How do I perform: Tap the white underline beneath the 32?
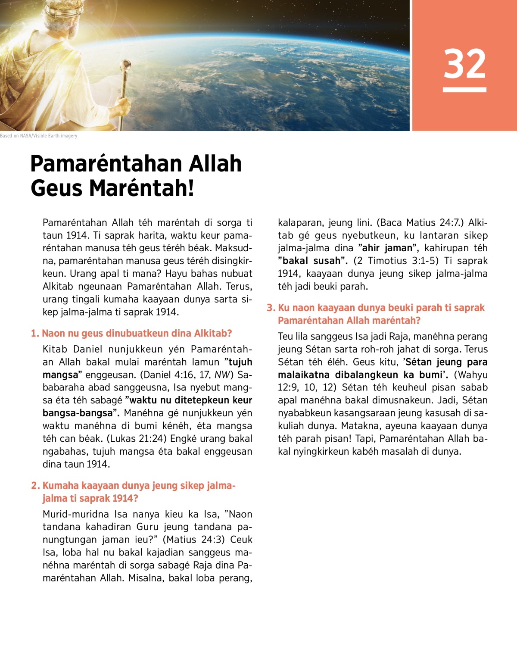pos(464,90)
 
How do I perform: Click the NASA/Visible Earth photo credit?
pos(39,136)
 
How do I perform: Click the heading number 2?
pos(35,486)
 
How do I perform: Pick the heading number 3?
pos(271,308)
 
